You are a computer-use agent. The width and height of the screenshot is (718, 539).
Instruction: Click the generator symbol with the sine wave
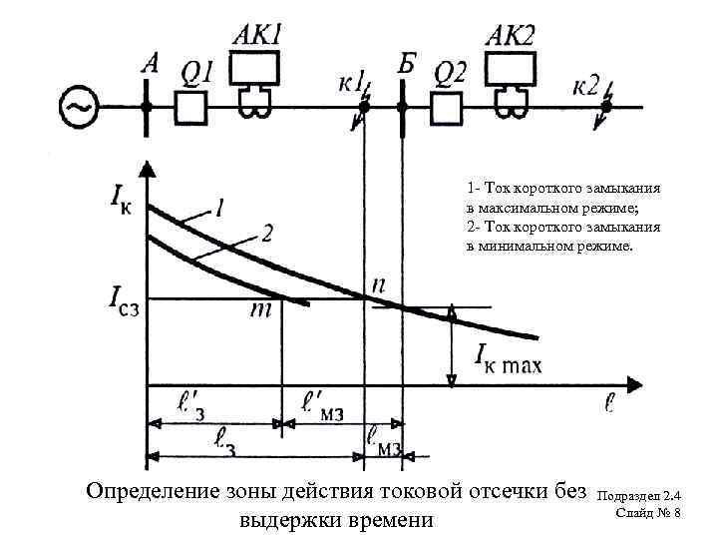[79, 106]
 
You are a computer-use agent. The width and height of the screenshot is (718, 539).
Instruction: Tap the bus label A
[151, 63]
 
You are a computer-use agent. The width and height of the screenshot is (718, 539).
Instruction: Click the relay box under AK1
[257, 69]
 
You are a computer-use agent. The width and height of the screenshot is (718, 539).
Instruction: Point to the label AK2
[511, 35]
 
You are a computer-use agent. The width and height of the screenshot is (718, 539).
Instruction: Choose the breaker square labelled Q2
[447, 106]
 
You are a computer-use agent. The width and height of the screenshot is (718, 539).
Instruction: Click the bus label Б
[405, 64]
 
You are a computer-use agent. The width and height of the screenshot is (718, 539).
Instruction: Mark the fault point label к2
[587, 85]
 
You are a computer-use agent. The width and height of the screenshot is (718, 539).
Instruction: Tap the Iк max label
[508, 355]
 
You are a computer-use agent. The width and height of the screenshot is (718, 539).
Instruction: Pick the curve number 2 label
[267, 236]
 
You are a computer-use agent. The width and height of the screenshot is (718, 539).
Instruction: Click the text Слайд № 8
[648, 513]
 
